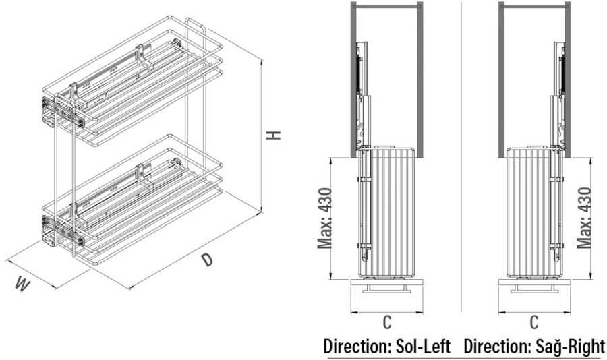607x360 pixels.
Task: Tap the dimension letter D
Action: coord(208,260)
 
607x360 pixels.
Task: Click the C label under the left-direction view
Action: coord(386,322)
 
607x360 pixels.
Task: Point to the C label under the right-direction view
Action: coord(534,322)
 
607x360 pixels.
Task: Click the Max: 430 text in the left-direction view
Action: coord(324,218)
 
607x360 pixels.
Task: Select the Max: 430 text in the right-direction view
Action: coord(584,218)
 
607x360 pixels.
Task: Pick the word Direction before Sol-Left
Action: coord(355,346)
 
